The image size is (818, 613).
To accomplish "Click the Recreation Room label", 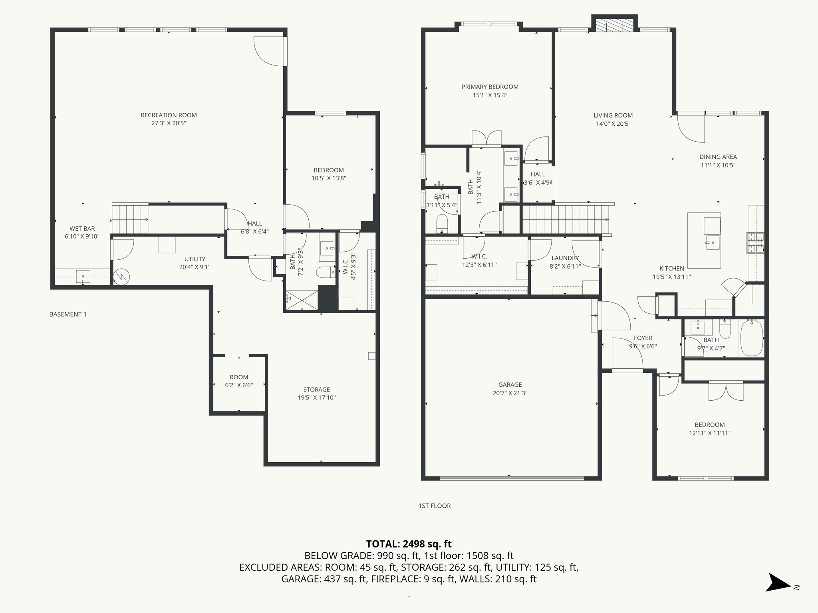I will click(x=169, y=115).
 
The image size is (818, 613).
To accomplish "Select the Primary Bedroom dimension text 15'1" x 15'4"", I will click(x=490, y=95).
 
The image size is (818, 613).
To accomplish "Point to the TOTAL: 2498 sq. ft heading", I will click(x=409, y=544).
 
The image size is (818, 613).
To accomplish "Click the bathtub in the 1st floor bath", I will click(x=751, y=338).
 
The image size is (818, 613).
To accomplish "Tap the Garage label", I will click(x=510, y=385).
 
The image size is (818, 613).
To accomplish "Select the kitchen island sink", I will click(x=712, y=242).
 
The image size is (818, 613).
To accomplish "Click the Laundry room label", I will click(x=565, y=258).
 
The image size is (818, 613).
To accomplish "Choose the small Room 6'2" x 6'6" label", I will click(x=239, y=377).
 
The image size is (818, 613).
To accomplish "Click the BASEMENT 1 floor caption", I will click(x=68, y=314).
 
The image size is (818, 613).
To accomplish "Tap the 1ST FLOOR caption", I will click(x=435, y=506).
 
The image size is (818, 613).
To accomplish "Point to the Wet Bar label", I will click(x=82, y=229).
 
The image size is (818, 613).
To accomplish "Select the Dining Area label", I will click(x=718, y=157).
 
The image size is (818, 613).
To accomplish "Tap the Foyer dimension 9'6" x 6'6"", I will click(x=643, y=346).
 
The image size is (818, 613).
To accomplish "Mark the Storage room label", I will click(x=316, y=390).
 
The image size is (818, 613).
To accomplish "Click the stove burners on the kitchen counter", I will click(x=754, y=243).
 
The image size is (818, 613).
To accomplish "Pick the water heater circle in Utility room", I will click(x=121, y=277).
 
